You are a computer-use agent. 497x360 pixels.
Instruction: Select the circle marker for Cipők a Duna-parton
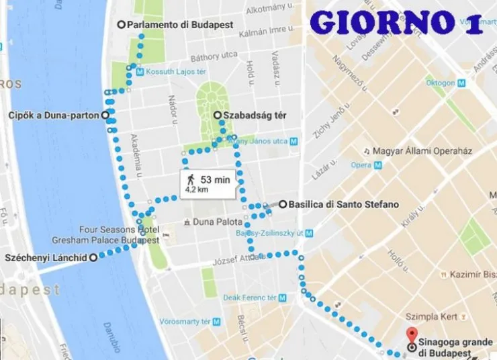pos(105,116)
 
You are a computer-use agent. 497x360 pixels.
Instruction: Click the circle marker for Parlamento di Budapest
pos(121,24)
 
